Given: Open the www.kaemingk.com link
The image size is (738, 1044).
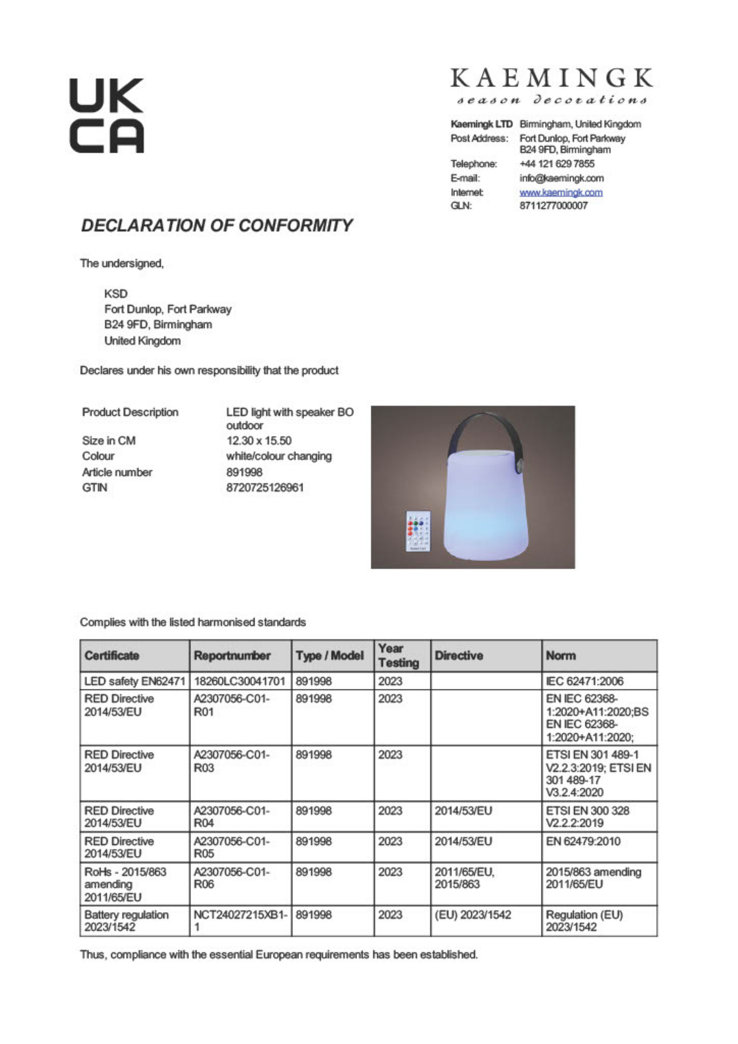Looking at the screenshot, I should coord(561,192).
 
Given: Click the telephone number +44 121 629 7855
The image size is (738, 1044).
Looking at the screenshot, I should coord(557,164).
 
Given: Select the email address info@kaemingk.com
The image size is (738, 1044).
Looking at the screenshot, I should coord(561,178).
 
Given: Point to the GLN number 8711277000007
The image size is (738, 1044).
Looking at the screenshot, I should coord(553,206).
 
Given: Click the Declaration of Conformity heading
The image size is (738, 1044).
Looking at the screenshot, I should coord(216,226).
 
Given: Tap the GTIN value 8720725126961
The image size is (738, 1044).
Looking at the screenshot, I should coord(265,488).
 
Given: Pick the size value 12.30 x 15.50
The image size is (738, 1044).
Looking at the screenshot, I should coord(259,441).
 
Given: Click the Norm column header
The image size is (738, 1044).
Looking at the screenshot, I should coord(561,656).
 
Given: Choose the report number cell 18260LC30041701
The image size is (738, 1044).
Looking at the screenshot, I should coord(239,681).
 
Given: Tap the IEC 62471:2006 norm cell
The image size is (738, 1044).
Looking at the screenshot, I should coord(584,681).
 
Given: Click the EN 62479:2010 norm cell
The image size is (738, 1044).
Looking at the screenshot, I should coord(583,841).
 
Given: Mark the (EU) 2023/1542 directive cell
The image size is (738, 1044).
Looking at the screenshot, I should coord(472,915).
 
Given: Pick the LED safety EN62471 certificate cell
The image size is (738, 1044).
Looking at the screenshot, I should coord(135,681).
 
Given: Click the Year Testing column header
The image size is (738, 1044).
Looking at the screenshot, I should coord(398,656).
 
